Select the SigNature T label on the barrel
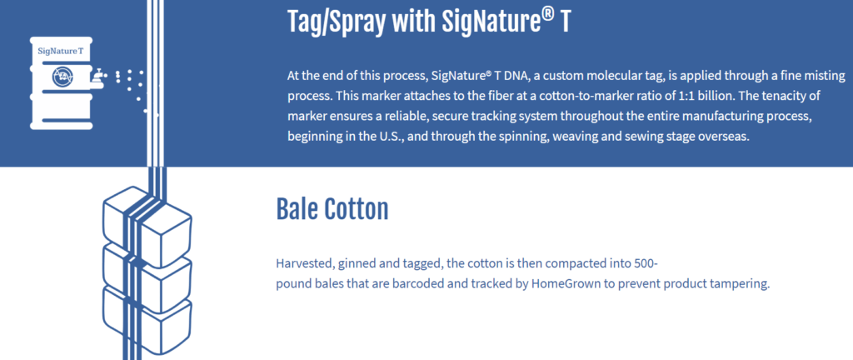[x=60, y=51]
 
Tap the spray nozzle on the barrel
[x=98, y=77]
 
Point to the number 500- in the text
[x=646, y=264]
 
